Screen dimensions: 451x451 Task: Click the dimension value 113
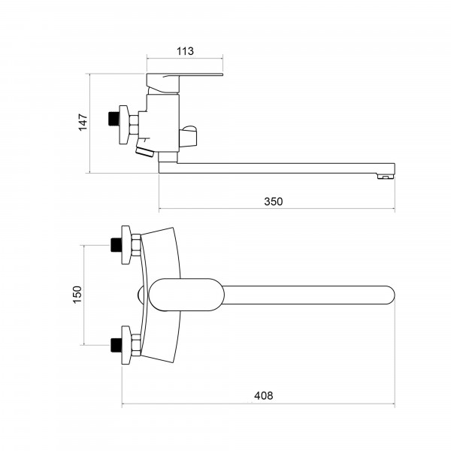[x=185, y=51]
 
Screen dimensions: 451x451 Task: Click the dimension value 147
[x=83, y=123]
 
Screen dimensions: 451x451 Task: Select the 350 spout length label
[x=274, y=201]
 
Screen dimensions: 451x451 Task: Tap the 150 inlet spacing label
[x=77, y=295]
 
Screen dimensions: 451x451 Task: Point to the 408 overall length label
[x=264, y=396]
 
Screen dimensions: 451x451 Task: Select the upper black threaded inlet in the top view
[x=117, y=245]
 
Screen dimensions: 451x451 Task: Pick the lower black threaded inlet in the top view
[x=117, y=345]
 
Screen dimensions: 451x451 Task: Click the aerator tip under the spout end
[x=385, y=176]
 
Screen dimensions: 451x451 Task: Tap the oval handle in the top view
[x=186, y=295]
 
